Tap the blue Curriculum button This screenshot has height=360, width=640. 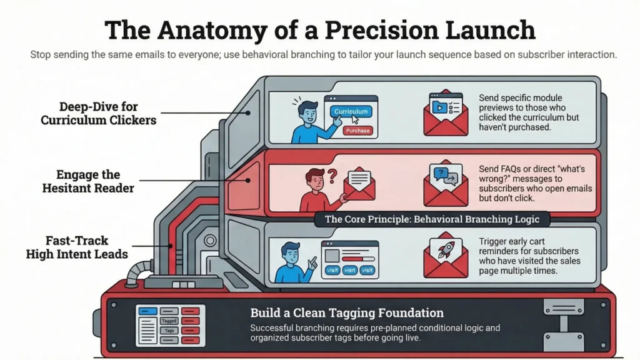(351, 111)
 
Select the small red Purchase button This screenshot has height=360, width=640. (357, 131)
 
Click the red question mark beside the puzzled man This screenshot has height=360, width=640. (332, 177)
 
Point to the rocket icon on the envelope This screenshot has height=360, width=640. (446, 249)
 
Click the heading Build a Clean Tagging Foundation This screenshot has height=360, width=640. (347, 312)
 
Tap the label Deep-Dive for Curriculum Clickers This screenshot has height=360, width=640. (98, 112)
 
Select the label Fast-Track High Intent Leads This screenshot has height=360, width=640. (76, 247)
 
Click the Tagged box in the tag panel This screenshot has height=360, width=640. (168, 320)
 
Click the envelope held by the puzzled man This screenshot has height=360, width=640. (358, 184)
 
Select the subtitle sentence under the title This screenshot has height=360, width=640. (323, 54)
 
